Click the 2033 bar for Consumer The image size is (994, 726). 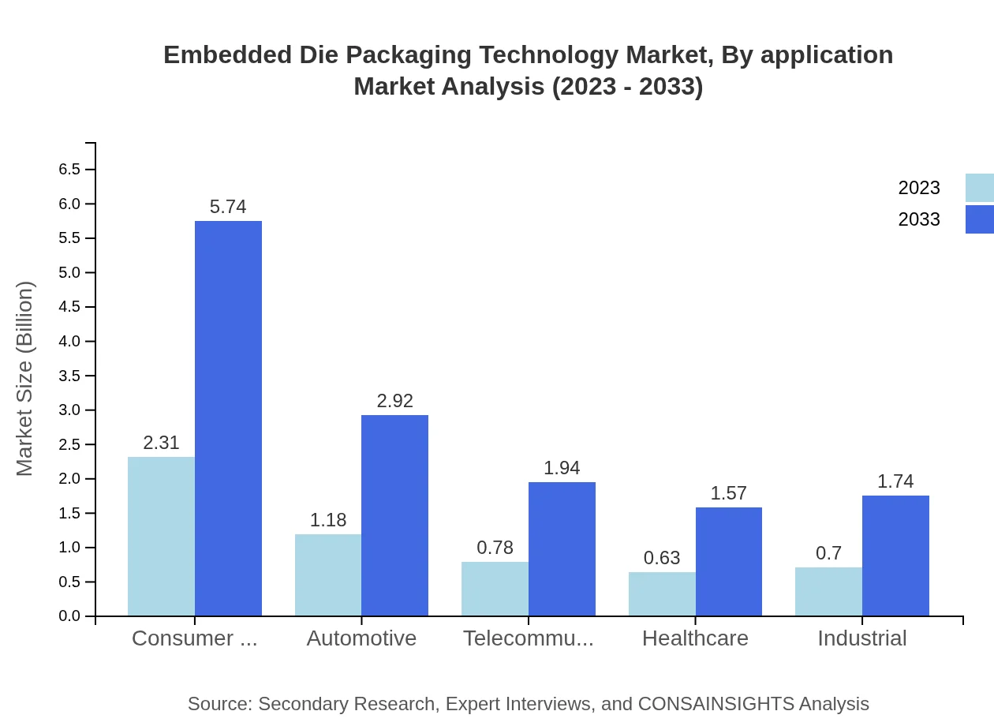228,418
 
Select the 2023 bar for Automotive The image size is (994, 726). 328,575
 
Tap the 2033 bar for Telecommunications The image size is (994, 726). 562,549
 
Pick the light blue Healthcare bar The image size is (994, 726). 662,594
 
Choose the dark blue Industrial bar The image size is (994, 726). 895,556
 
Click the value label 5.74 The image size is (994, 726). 228,207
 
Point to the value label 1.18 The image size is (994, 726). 328,521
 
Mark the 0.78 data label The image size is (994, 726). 495,548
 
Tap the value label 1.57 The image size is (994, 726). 728,494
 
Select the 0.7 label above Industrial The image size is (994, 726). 828,553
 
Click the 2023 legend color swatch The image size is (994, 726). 979,188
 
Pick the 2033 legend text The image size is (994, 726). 919,219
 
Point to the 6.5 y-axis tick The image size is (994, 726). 69,170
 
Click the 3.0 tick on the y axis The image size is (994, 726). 69,410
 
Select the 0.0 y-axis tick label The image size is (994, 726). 69,616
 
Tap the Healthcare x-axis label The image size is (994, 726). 695,638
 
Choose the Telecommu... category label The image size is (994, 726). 529,638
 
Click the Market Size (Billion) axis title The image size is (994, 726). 25,379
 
